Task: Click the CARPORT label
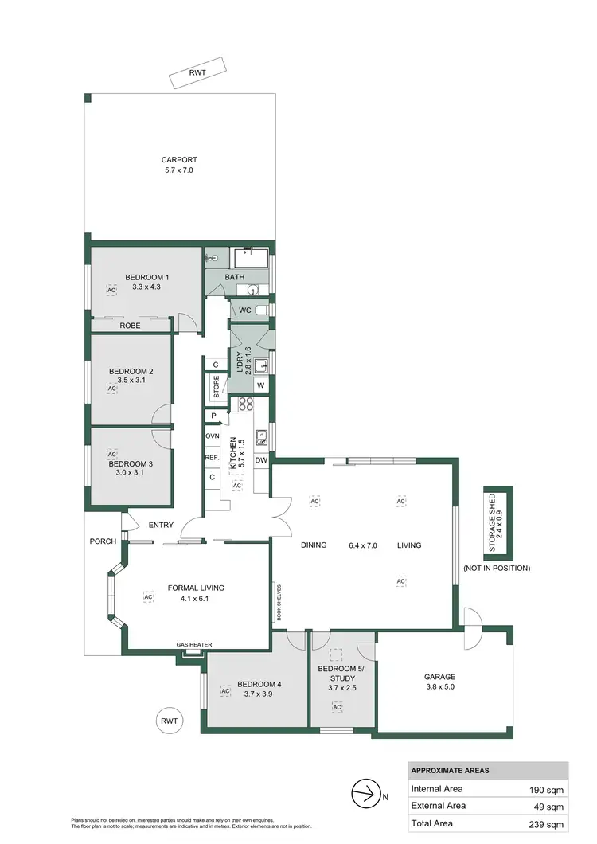click(x=179, y=159)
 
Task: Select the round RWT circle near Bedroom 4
click(x=169, y=721)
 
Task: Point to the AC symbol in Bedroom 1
click(x=111, y=291)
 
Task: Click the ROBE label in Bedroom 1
click(x=131, y=325)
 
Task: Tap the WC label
click(x=245, y=309)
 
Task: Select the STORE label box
click(x=216, y=388)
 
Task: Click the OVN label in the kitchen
click(x=213, y=436)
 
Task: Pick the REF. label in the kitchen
click(x=212, y=458)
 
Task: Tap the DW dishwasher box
click(x=261, y=460)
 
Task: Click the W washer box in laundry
click(x=259, y=386)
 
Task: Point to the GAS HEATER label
click(x=194, y=645)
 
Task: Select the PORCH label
click(x=103, y=541)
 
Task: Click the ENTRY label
click(x=161, y=525)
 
